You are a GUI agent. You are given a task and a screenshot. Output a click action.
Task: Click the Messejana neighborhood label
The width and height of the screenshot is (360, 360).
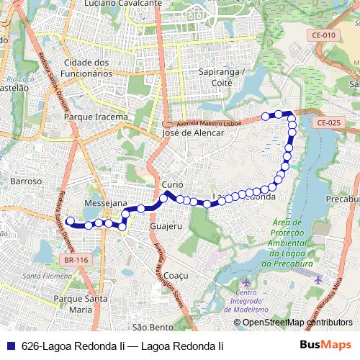click(106, 204)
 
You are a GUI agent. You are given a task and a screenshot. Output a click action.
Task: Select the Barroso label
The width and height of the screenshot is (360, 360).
click(26, 182)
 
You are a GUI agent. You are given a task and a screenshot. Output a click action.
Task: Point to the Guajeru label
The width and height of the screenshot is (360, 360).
click(167, 226)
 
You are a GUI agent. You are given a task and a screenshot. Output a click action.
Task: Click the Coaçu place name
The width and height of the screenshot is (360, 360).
click(176, 276)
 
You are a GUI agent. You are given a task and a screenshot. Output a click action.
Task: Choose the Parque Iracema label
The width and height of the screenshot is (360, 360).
click(96, 117)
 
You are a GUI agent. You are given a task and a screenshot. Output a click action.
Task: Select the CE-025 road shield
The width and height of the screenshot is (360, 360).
click(328, 123)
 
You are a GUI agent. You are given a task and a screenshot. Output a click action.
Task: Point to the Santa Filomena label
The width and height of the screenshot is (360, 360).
click(47, 276)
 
